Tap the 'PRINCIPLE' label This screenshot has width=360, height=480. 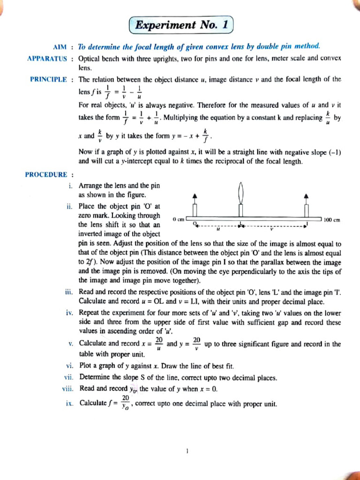click(48, 80)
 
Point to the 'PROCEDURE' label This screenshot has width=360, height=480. click(46, 175)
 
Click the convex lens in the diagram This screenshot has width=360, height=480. click(241, 193)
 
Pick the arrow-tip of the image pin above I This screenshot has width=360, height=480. click(307, 195)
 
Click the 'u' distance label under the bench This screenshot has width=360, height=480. click(218, 230)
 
